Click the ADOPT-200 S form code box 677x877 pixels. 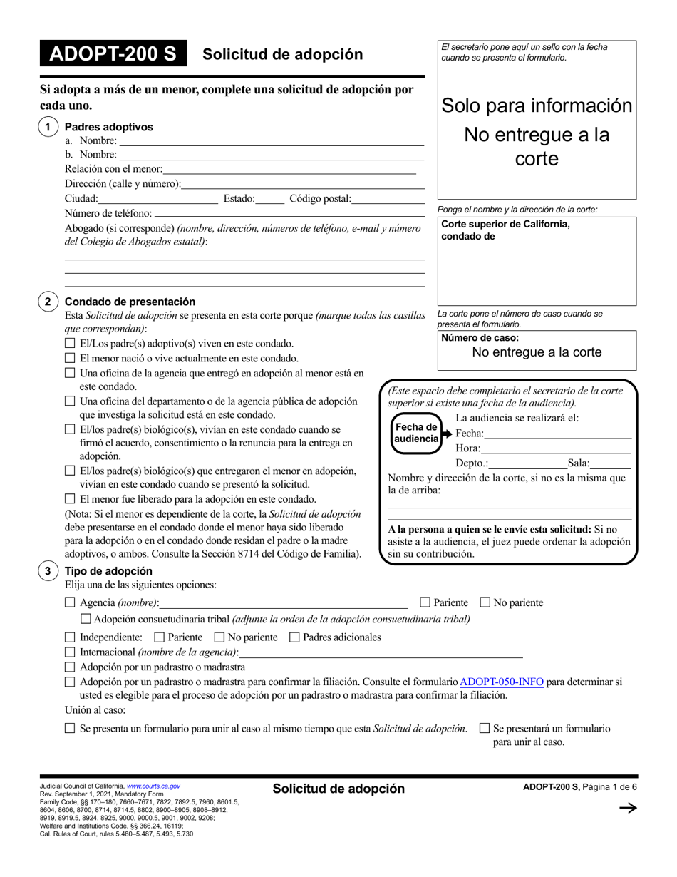[113, 55]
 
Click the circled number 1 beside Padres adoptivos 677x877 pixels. [48, 127]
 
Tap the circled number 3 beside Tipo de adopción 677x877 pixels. [48, 571]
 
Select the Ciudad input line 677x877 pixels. [158, 199]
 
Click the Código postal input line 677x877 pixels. [388, 199]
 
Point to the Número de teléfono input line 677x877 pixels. [289, 213]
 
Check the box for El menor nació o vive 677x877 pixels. [70, 358]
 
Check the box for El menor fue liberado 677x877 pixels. [70, 499]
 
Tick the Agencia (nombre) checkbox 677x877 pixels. [70, 602]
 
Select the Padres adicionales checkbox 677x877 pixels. [294, 637]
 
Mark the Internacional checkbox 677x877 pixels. [70, 652]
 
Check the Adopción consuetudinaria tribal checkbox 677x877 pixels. [86, 619]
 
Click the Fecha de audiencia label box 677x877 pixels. [416, 433]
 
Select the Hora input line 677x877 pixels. [556, 449]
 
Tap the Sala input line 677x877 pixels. [611, 464]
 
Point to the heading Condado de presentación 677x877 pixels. [130, 302]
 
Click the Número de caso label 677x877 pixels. [480, 338]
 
